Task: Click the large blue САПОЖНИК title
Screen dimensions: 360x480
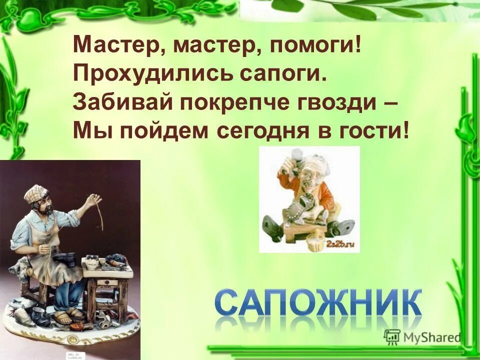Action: coord(318,301)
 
